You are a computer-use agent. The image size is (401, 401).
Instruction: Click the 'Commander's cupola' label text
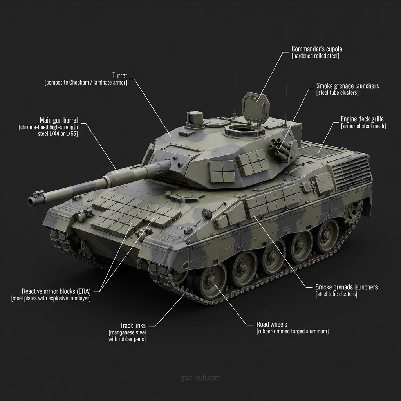point(316,49)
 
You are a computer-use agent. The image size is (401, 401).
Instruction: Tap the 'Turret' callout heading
point(120,76)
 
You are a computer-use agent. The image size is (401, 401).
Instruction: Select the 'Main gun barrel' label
point(59,120)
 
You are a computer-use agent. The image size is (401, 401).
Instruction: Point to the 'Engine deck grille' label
point(362,119)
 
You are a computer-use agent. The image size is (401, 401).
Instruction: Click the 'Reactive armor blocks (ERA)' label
point(56,291)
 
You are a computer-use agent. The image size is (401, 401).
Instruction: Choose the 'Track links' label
point(133,325)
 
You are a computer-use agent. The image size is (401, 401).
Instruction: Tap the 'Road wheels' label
point(272,325)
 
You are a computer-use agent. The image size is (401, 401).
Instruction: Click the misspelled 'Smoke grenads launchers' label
point(347,287)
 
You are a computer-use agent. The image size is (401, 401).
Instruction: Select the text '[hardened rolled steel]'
point(315,56)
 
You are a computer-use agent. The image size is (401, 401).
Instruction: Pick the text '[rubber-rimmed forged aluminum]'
point(293,331)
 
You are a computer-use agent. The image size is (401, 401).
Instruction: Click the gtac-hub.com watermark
point(200,378)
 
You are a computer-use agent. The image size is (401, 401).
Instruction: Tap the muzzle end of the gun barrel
point(31,201)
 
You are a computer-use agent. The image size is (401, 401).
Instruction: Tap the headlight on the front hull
point(81,217)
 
